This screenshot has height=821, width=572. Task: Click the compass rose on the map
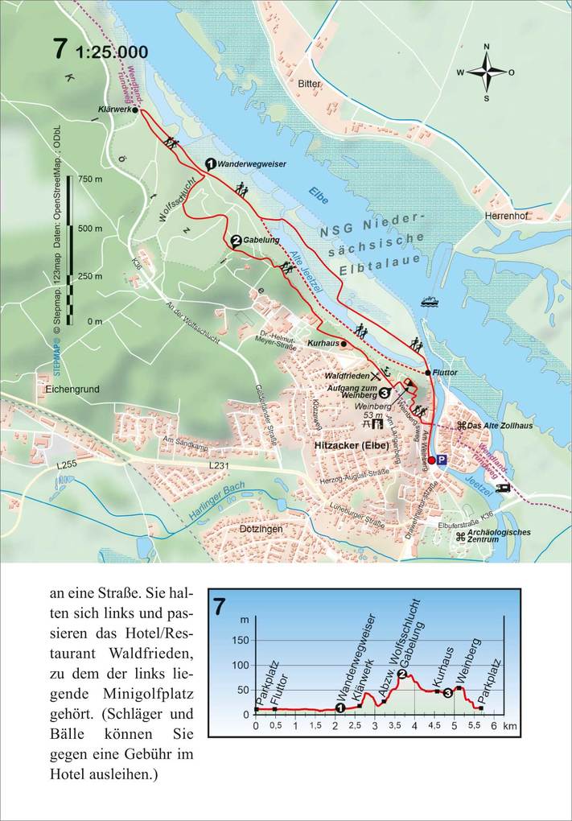click(486, 72)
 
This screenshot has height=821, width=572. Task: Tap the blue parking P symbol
click(442, 460)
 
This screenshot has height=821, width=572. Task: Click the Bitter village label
click(309, 84)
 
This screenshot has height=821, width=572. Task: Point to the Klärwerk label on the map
click(113, 109)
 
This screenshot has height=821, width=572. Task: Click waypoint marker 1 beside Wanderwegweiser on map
click(210, 163)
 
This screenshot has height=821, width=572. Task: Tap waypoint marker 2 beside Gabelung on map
click(235, 240)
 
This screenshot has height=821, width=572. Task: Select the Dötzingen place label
click(261, 530)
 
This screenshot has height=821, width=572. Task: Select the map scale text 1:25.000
click(112, 52)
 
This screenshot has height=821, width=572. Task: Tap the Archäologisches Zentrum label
click(499, 535)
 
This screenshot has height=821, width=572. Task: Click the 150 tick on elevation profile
click(241, 640)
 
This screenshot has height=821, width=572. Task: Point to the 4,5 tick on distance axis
click(434, 725)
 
